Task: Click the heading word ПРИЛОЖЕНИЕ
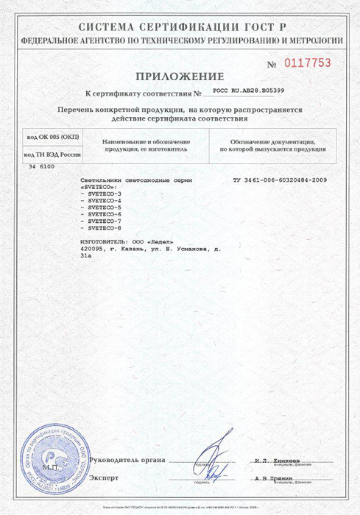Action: click(179, 76)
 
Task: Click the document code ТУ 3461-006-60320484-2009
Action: click(280, 180)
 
